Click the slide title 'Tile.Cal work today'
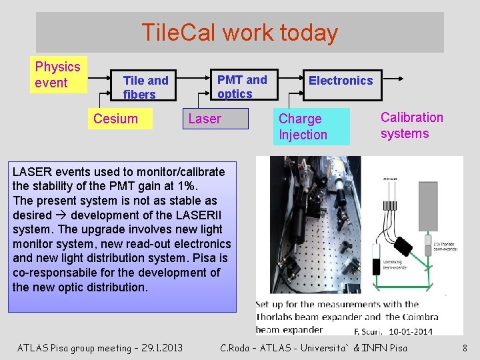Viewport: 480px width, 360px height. click(x=239, y=32)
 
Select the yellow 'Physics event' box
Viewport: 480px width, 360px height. click(x=59, y=75)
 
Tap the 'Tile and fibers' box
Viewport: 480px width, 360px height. click(x=145, y=87)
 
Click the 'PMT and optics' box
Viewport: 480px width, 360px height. click(x=241, y=87)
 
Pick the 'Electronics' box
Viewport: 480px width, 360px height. click(x=340, y=81)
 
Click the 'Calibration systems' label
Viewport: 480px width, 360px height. click(x=411, y=125)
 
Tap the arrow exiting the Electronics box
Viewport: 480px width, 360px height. click(x=394, y=79)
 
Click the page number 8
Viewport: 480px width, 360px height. click(x=465, y=347)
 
